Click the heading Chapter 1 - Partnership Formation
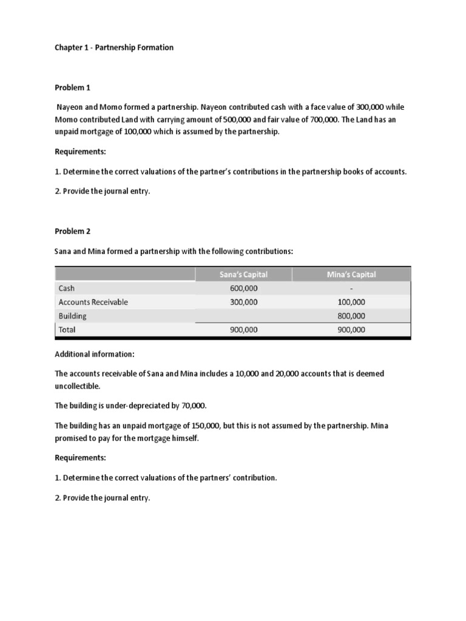coord(114,47)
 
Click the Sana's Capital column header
coord(243,275)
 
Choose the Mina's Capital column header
coord(351,275)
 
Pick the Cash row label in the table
coord(67,289)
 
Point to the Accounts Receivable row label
coord(93,302)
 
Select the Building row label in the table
coord(72,316)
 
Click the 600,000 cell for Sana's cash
coord(243,289)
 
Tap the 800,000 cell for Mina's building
coord(351,316)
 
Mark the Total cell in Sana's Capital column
coord(243,330)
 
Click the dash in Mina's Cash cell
coord(351,289)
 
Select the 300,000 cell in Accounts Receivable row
coord(243,302)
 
